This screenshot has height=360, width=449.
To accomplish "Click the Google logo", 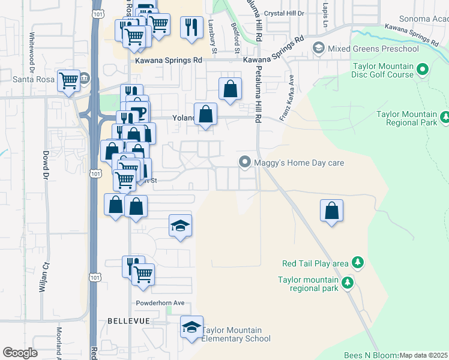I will pyautogui.click(x=20, y=353).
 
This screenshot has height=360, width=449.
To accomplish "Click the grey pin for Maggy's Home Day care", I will pyautogui.click(x=244, y=162).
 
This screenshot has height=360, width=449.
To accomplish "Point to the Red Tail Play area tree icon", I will pyautogui.click(x=358, y=263).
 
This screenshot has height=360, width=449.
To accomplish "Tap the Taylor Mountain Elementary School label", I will pyautogui.click(x=236, y=334).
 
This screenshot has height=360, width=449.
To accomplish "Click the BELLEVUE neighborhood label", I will pyautogui.click(x=128, y=321).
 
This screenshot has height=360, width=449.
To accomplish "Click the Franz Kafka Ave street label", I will pyautogui.click(x=286, y=96).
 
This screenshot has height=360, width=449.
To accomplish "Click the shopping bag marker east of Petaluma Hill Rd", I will pyautogui.click(x=331, y=211).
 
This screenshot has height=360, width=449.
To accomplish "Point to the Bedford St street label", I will pyautogui.click(x=236, y=34).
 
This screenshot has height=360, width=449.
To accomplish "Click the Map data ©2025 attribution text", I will pyautogui.click(x=424, y=355).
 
